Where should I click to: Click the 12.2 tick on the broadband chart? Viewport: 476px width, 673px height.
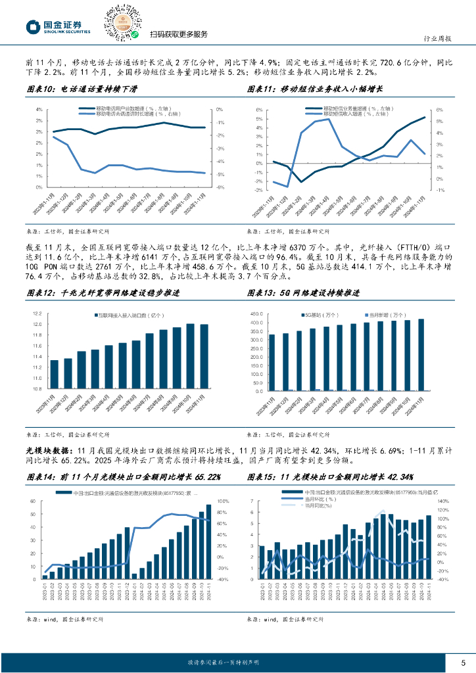point(37,314)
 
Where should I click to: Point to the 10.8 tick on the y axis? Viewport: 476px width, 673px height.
point(37,388)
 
